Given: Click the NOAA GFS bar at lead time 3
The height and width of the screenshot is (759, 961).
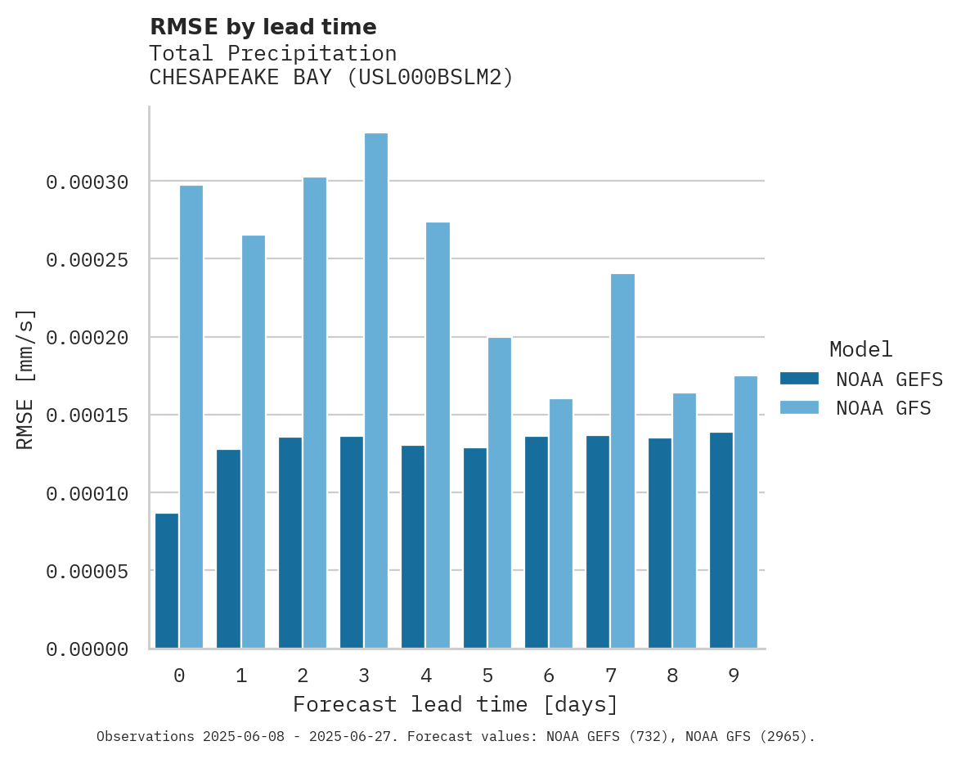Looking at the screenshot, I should [x=376, y=390].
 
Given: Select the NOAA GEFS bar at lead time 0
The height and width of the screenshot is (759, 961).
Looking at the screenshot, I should [x=167, y=581].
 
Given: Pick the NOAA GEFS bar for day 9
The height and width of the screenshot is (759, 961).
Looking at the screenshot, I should [x=721, y=540].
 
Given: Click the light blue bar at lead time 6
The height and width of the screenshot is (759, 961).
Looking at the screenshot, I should [x=561, y=523].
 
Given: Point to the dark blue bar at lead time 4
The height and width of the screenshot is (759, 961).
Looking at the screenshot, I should [x=413, y=546].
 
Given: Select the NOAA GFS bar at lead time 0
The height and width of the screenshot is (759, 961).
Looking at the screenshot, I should [x=191, y=416].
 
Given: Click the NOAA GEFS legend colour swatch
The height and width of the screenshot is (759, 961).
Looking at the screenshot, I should [x=799, y=378].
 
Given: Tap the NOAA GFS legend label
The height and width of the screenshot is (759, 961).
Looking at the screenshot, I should [x=883, y=407].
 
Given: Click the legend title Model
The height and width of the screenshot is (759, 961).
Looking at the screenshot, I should [x=860, y=349].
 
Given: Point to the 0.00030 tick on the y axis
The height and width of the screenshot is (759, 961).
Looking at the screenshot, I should [x=88, y=182].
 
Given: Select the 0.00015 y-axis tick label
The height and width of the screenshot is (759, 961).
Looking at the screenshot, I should [x=88, y=415].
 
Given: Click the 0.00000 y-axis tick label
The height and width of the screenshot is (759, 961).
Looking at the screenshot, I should [x=88, y=649].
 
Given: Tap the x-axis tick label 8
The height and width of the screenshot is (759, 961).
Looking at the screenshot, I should [x=672, y=676].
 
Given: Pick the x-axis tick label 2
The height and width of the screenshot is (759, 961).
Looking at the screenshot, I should [x=303, y=676].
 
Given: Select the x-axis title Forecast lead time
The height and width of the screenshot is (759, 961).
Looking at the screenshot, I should [x=456, y=704].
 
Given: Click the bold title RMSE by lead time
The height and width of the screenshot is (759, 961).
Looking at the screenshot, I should [x=263, y=27].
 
